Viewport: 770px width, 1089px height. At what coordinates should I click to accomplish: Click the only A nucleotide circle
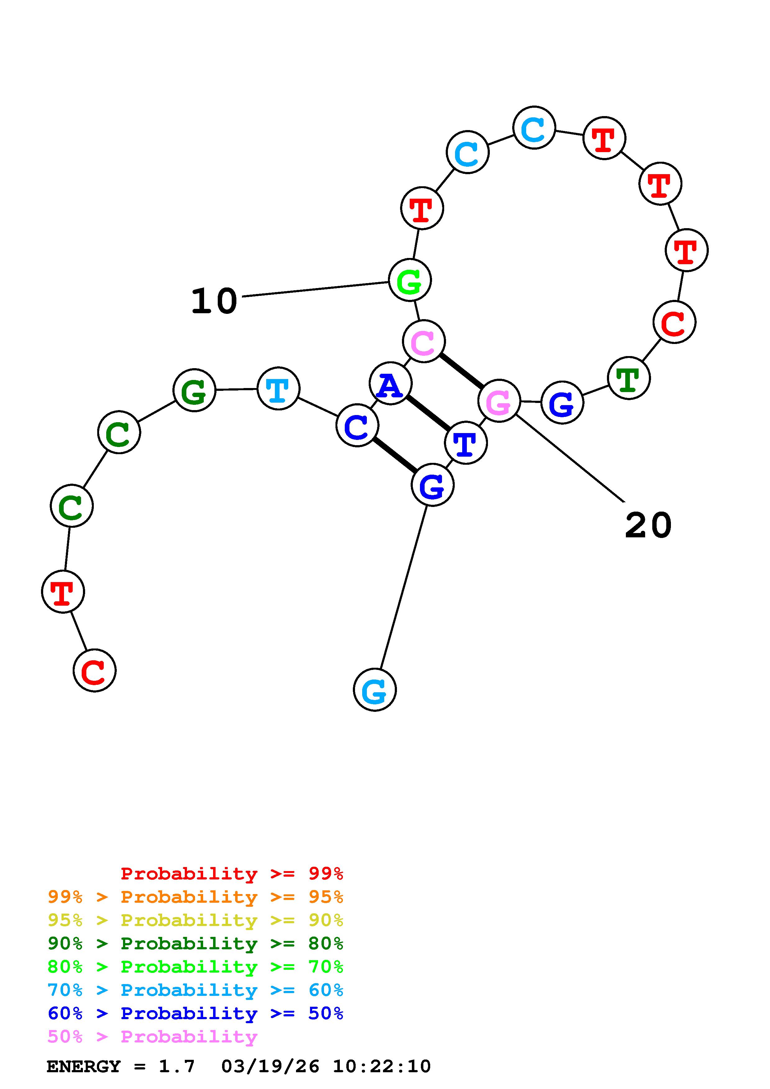click(x=390, y=383)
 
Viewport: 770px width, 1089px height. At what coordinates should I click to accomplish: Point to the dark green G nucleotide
click(x=194, y=390)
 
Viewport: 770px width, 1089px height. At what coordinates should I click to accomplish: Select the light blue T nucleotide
click(x=278, y=388)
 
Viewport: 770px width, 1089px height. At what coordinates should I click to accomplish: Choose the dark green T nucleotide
click(x=629, y=378)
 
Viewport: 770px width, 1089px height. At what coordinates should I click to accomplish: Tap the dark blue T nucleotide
click(x=465, y=443)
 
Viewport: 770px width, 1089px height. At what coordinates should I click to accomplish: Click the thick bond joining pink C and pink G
click(x=461, y=371)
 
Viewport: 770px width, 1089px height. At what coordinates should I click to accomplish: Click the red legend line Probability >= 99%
click(x=231, y=873)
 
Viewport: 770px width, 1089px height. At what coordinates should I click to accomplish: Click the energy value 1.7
click(x=176, y=1066)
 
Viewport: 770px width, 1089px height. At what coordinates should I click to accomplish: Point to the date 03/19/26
click(x=270, y=1066)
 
